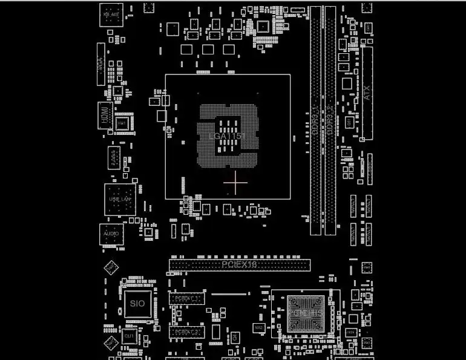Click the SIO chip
click(137, 303)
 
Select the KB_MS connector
click(111, 14)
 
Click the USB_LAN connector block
click(120, 199)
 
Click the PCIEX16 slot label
click(240, 264)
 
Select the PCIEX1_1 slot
click(186, 298)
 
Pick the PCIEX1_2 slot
click(186, 332)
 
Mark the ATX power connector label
click(367, 92)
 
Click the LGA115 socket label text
click(225, 136)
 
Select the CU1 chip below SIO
click(128, 335)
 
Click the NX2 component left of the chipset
click(258, 327)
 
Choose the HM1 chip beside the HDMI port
click(122, 123)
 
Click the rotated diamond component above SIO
click(111, 267)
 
